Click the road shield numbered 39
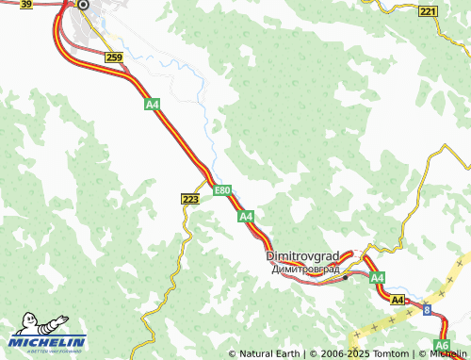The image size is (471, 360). (26, 5)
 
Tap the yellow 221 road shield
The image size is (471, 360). (429, 11)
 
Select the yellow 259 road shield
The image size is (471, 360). (114, 58)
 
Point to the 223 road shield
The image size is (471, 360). (189, 199)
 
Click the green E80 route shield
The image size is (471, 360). (222, 190)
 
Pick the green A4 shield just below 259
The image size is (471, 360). (152, 106)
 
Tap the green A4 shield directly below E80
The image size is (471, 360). (246, 217)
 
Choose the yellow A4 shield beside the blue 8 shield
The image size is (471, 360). (398, 300)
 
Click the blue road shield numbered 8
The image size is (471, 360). (426, 309)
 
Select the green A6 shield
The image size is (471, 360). (442, 345)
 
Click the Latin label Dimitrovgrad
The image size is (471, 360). (302, 256)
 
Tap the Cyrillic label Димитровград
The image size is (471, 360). (304, 270)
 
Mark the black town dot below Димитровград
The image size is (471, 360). (346, 277)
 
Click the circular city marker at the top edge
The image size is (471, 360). (82, 5)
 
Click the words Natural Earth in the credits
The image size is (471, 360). (270, 354)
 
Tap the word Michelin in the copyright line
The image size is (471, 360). (447, 354)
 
